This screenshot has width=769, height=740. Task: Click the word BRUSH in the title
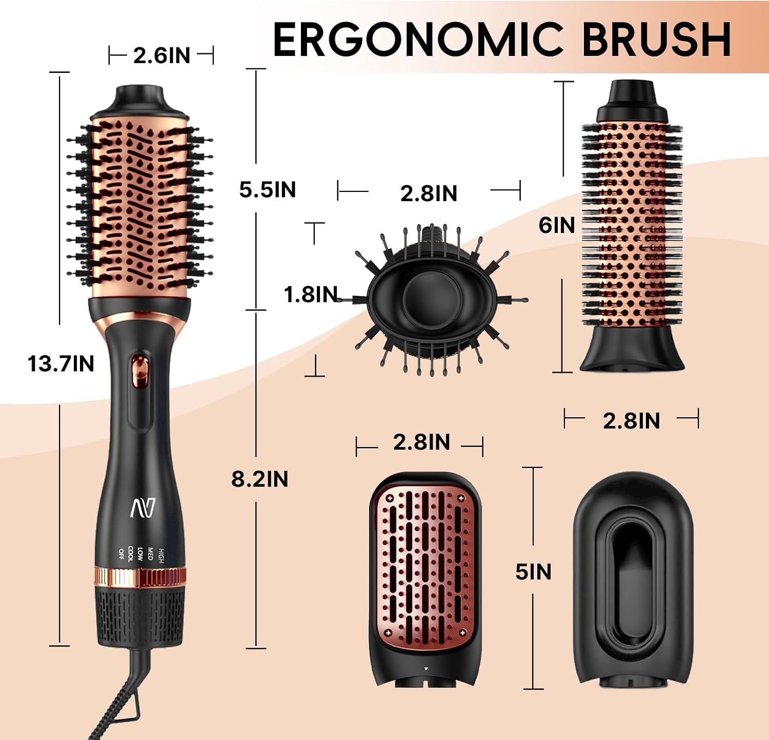tap(657, 40)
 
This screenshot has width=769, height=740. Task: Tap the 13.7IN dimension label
tap(61, 364)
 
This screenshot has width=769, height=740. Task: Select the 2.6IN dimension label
tap(161, 55)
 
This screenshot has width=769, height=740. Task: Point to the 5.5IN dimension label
tap(268, 189)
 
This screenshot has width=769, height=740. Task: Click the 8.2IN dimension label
tap(260, 479)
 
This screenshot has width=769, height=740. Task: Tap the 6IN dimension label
tap(556, 225)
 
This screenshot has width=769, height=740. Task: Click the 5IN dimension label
tap(533, 572)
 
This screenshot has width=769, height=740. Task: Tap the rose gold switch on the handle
tap(139, 372)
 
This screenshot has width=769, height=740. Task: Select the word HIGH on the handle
tap(160, 555)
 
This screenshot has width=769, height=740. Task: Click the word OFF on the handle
tap(121, 553)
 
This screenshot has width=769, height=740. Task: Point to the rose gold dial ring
tap(140, 577)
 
